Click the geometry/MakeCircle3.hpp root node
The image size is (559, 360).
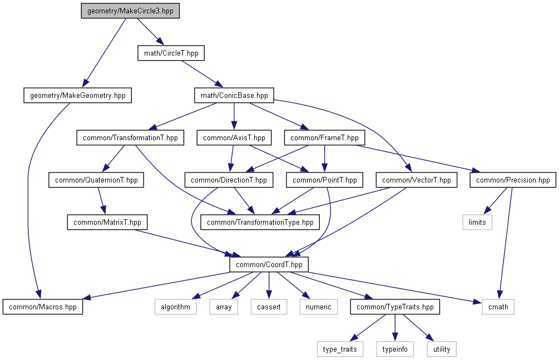(130, 11)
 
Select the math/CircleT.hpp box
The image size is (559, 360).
(171, 53)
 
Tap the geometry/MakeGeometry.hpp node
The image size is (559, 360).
(78, 96)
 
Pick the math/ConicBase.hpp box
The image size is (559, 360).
(234, 96)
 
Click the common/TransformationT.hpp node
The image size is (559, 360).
(130, 137)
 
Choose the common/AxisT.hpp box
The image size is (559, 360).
(234, 137)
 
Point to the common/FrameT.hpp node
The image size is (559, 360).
(325, 137)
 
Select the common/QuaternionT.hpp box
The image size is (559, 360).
(96, 180)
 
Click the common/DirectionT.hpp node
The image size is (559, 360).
(229, 180)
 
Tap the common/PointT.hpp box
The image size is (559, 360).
(325, 180)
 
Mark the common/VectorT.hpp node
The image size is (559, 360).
(417, 180)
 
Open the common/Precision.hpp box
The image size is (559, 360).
(512, 180)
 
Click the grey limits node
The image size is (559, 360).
(477, 222)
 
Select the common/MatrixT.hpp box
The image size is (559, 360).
(107, 222)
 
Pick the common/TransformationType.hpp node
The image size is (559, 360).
(260, 222)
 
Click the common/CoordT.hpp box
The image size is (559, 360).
(269, 264)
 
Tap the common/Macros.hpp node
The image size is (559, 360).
(43, 307)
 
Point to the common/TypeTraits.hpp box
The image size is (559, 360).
(395, 307)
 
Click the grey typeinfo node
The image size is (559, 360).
(395, 349)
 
